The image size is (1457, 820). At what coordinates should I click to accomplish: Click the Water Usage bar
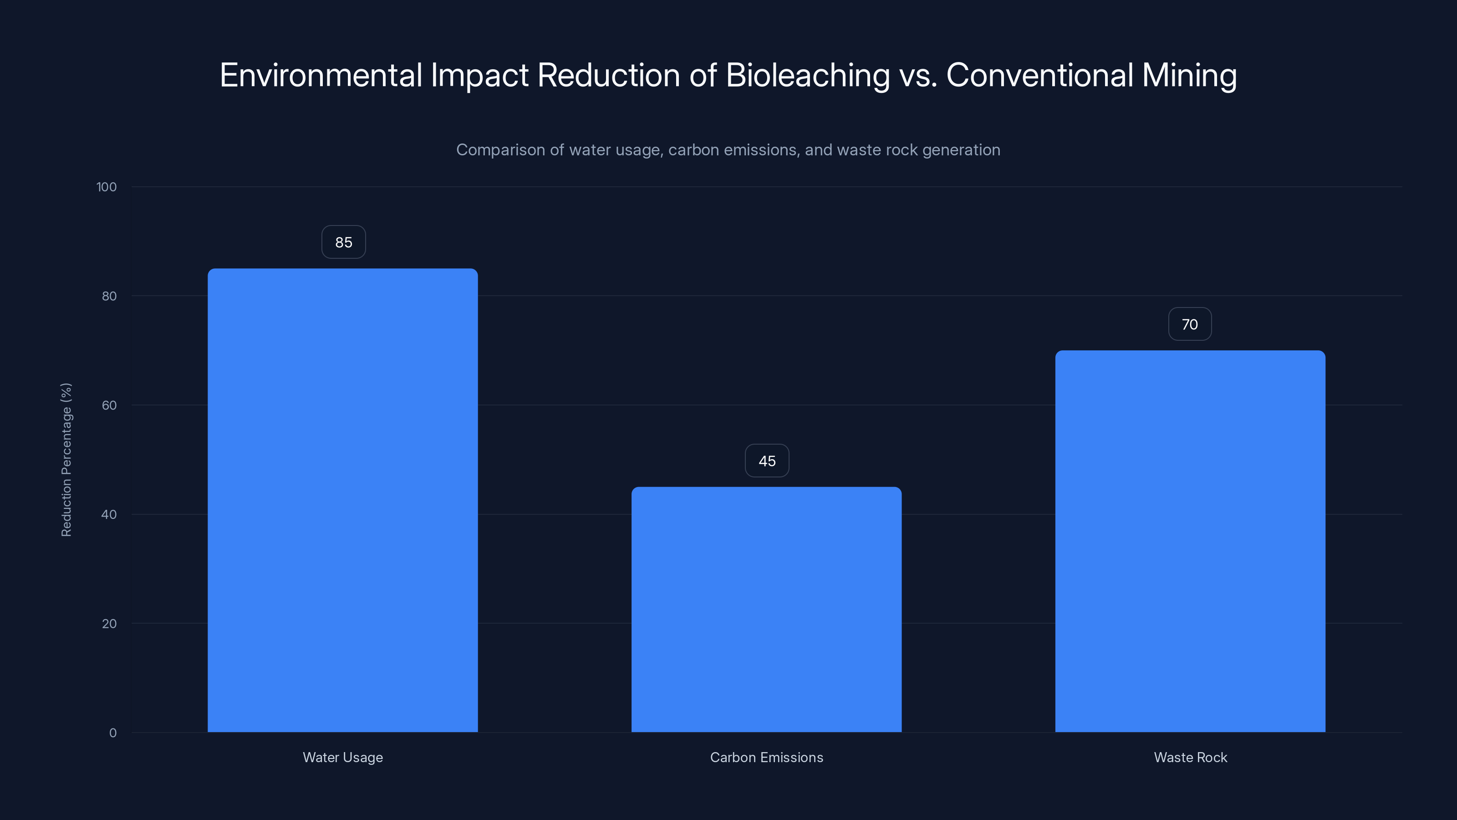click(x=342, y=500)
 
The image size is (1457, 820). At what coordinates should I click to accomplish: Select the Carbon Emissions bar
click(x=766, y=610)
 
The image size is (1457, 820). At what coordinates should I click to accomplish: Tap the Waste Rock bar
click(x=1190, y=541)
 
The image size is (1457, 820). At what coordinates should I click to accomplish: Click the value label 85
click(x=343, y=242)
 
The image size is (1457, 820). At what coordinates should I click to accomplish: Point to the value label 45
click(x=767, y=461)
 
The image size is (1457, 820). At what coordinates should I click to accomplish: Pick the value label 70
click(x=1189, y=324)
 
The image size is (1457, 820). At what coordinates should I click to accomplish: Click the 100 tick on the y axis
click(x=107, y=187)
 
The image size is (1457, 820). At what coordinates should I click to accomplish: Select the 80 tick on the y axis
click(x=109, y=296)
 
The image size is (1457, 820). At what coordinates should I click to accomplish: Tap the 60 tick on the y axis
click(x=109, y=405)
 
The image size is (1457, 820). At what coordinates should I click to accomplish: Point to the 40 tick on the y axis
click(x=109, y=514)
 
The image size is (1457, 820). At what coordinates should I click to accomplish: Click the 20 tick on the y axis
click(x=109, y=624)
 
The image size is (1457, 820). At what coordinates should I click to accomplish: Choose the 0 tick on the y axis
click(x=112, y=733)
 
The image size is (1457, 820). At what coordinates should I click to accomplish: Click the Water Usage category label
click(x=343, y=757)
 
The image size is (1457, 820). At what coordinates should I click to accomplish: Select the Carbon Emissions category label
click(x=766, y=757)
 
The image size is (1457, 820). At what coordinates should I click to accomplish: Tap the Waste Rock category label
click(x=1190, y=757)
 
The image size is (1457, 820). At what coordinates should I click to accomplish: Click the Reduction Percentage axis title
click(x=66, y=460)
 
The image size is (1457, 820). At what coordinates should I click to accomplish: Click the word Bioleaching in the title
click(x=807, y=75)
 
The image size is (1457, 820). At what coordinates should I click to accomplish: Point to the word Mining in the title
click(x=1189, y=75)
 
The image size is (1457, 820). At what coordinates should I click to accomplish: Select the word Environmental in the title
click(x=321, y=75)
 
